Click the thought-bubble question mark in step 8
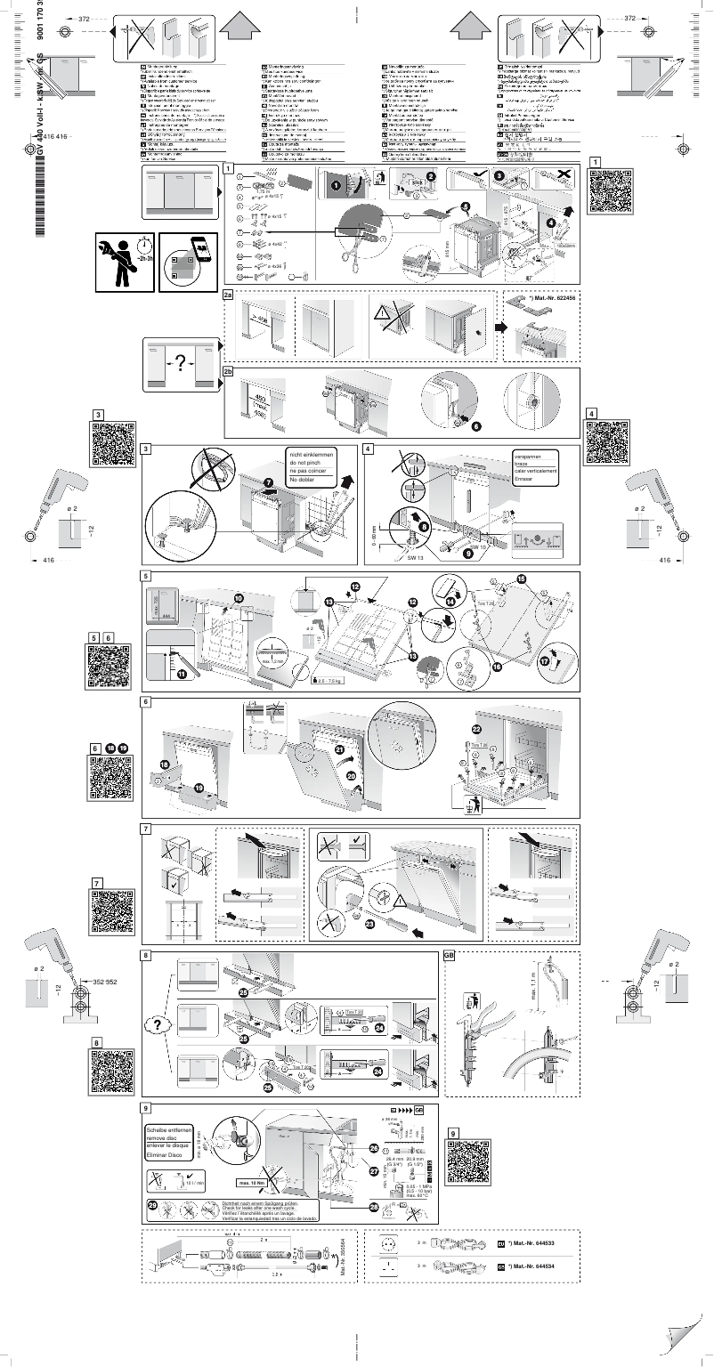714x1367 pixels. tap(157, 1024)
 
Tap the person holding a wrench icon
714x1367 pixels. tap(122, 262)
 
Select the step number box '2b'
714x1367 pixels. tap(228, 372)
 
